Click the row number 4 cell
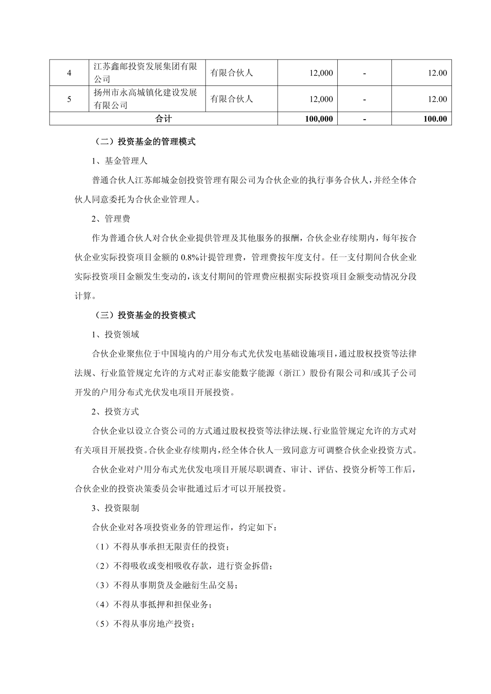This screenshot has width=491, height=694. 69,73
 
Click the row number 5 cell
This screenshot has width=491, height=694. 69,99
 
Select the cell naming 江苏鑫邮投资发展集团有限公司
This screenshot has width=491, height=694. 145,73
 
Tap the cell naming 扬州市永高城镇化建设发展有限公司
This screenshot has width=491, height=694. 145,99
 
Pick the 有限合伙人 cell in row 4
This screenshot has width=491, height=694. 232,73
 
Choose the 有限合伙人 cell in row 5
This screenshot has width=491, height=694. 232,99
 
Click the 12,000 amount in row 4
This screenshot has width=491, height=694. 321,73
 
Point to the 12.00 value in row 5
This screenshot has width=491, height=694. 437,99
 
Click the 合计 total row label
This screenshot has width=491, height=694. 164,119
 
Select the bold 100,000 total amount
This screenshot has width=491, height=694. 319,119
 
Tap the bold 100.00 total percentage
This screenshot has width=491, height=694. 435,119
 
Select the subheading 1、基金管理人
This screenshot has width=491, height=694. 119,161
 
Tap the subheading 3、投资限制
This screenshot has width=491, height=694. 115,508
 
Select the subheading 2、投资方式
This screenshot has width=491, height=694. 115,412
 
